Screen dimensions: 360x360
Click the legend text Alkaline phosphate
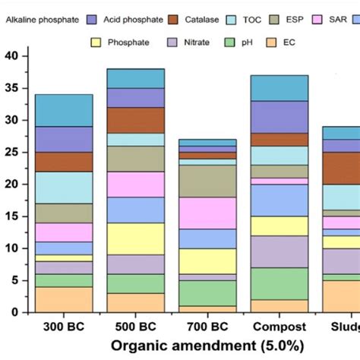(x=42, y=17)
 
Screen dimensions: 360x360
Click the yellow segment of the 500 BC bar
(x=135, y=238)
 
